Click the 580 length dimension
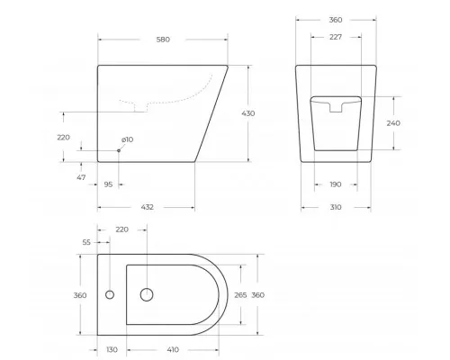tap(162, 40)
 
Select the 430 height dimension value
tap(248, 113)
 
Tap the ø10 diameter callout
tap(127, 139)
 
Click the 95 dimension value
tap(108, 184)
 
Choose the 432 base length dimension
tap(147, 207)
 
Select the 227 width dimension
tap(336, 37)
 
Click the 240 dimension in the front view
tap(392, 122)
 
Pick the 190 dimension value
tap(336, 184)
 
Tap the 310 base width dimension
tap(336, 207)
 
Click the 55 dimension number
tap(86, 243)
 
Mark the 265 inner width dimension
tap(241, 295)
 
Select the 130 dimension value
tap(112, 350)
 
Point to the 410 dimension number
tap(171, 350)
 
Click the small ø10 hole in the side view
tap(118, 150)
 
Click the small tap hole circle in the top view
tap(110, 294)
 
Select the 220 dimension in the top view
tap(122, 229)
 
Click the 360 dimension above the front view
tap(336, 20)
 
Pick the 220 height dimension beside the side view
tap(63, 137)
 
